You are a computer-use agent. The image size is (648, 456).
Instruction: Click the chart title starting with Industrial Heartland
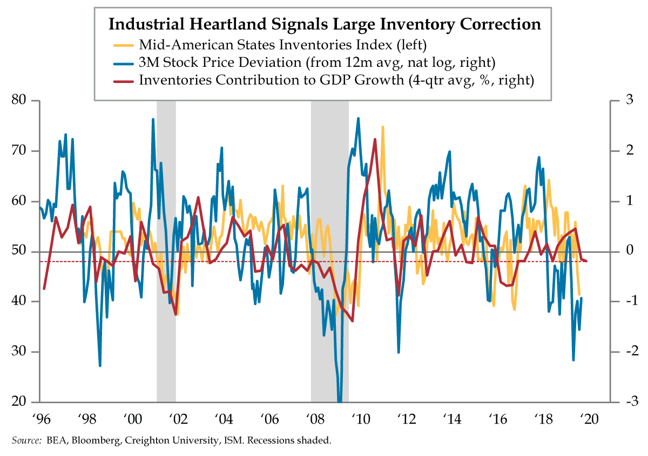click(x=325, y=24)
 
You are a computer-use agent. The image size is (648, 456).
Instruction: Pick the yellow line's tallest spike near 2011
click(x=383, y=127)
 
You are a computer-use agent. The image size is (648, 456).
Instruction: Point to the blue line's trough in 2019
click(x=573, y=360)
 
